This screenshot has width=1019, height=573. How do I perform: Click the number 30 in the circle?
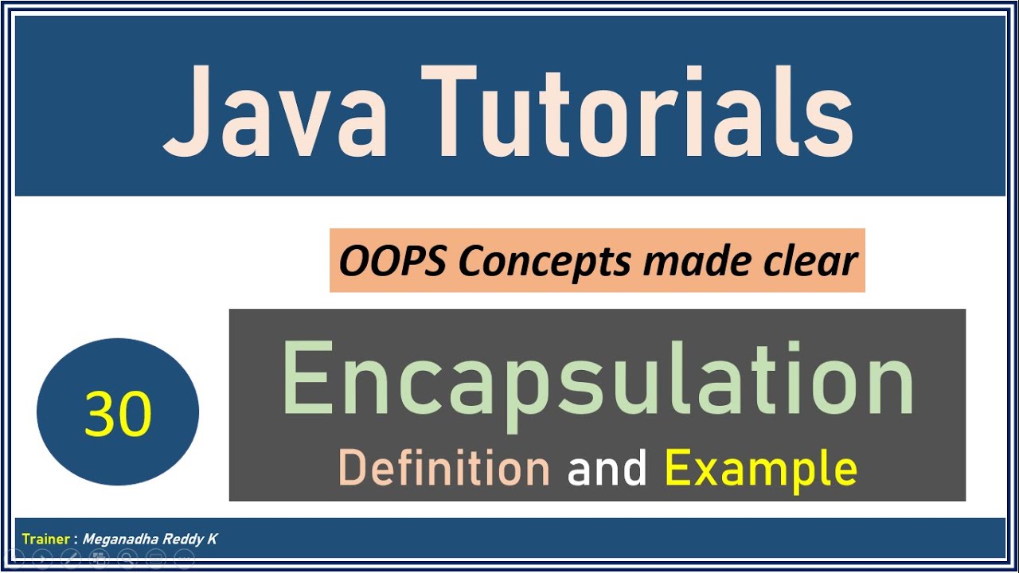[x=118, y=414]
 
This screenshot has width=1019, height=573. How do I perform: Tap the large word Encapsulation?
[x=597, y=380]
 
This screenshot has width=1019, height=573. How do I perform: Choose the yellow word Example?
[x=760, y=470]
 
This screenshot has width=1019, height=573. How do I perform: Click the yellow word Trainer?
[x=46, y=540]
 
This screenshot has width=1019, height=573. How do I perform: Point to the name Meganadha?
[x=120, y=540]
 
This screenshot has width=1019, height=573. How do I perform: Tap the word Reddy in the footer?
[x=182, y=540]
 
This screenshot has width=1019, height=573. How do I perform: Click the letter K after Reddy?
[x=213, y=540]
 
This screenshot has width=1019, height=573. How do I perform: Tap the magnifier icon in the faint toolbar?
[x=127, y=559]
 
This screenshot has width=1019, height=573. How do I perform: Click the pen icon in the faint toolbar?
[x=70, y=559]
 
